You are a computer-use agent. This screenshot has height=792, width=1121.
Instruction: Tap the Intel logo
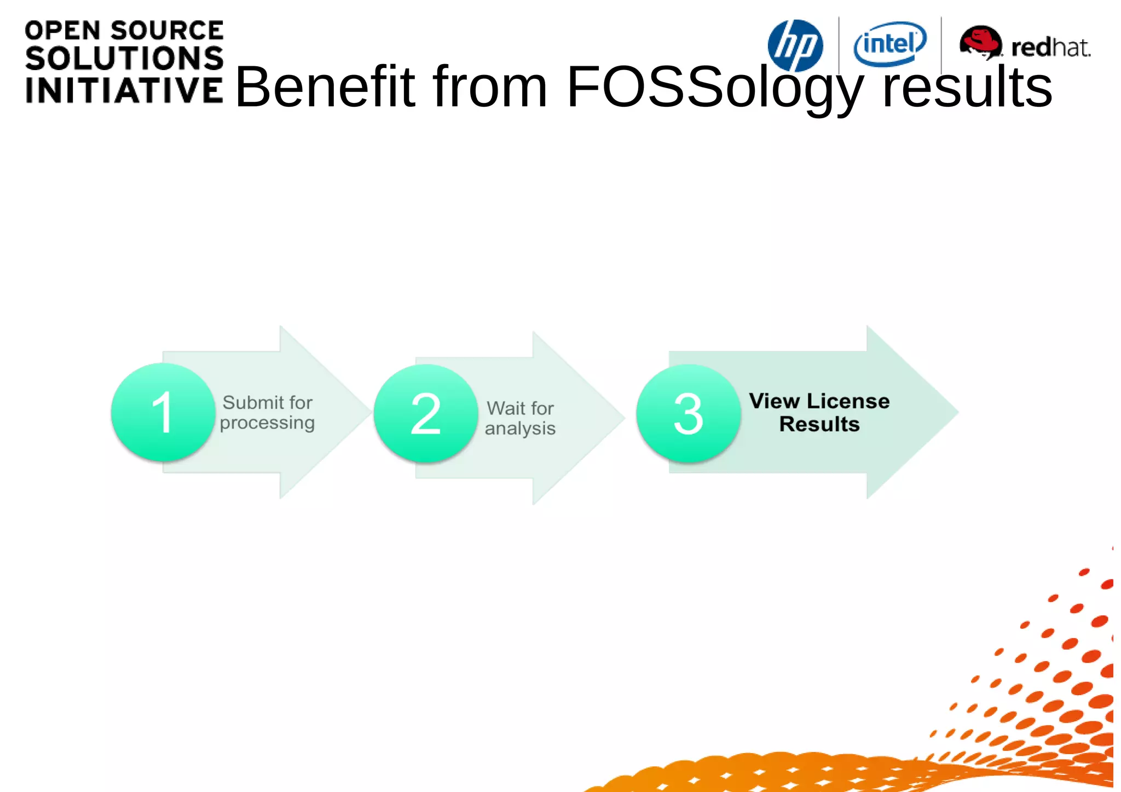pos(889,44)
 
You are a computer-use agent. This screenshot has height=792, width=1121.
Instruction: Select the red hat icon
pos(980,42)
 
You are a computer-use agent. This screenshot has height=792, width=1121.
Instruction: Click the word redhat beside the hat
pos(1050,48)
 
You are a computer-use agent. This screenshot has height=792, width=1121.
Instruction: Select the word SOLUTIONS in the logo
pos(124,59)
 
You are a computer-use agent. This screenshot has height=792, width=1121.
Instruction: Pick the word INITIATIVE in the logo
pos(124,90)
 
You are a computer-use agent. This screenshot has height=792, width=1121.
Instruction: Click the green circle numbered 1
pos(163,412)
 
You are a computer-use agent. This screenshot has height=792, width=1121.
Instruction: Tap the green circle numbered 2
pos(425,414)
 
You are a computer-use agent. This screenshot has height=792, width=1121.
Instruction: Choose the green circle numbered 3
pos(688,414)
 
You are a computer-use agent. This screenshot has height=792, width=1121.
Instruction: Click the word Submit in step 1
pos(252,403)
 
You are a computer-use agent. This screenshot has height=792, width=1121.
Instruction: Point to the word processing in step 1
pos(267,423)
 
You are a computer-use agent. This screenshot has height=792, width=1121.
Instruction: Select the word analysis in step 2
pos(520,429)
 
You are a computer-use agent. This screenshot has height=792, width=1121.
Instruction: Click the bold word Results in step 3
pos(819,424)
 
